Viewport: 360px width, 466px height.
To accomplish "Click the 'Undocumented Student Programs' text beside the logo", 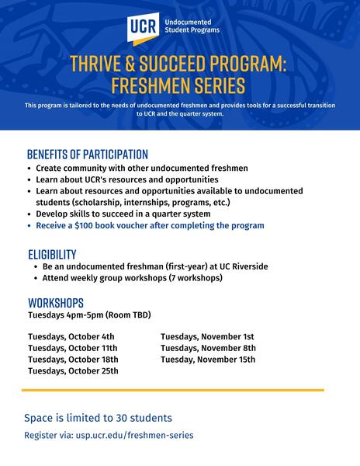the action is pos(194,26).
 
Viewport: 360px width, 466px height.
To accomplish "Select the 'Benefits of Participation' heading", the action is pos(87,154).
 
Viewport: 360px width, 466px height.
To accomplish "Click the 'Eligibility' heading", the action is pos(52,254).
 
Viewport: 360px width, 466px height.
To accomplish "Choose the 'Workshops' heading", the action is pos(56,302).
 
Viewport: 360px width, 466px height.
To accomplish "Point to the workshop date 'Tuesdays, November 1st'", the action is pos(207,336).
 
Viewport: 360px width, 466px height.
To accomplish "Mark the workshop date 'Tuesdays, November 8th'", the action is pos(208,348).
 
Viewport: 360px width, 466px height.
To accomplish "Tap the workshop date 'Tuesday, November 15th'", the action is pos(208,360).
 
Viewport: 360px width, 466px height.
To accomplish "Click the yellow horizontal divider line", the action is pos(172,390).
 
